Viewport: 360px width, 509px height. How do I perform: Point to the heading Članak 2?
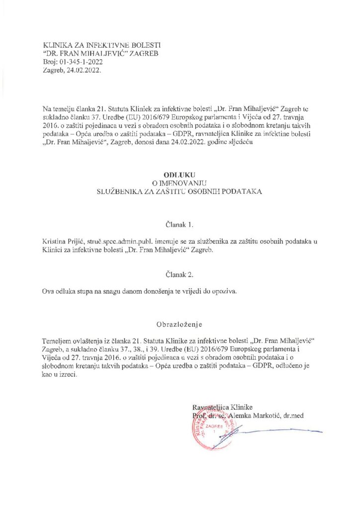pyautogui.click(x=180, y=274)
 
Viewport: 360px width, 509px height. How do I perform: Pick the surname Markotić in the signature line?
pyautogui.click(x=266, y=415)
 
